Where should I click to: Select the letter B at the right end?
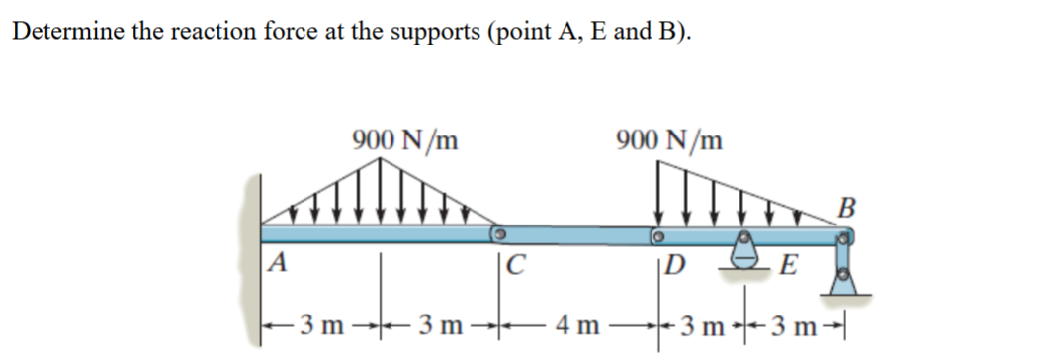(x=844, y=208)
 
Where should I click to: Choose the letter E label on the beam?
(x=788, y=264)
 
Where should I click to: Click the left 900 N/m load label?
(x=403, y=140)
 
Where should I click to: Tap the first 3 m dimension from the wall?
(x=322, y=326)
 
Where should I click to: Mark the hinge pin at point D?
(x=656, y=236)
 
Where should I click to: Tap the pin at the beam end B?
(x=847, y=237)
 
